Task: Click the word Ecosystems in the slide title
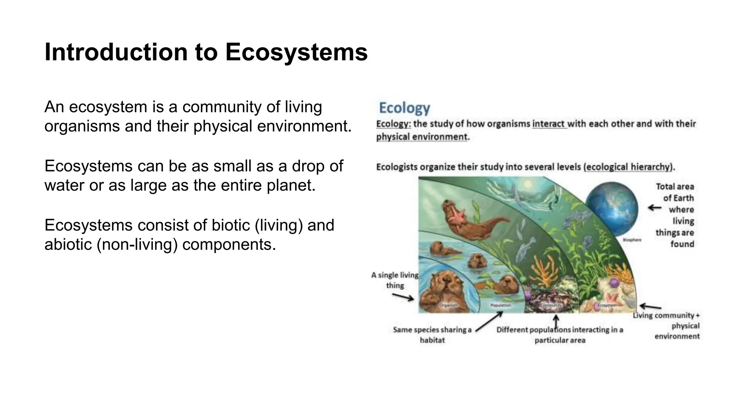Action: click(296, 52)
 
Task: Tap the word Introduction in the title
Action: click(116, 52)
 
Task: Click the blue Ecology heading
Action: click(404, 108)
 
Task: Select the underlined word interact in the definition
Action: click(548, 124)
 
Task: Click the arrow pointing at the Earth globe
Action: click(654, 208)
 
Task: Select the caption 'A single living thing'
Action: click(395, 280)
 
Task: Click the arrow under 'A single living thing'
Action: click(403, 297)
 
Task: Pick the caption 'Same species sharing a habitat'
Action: click(432, 335)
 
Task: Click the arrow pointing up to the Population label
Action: click(489, 321)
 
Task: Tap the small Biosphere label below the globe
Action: click(632, 240)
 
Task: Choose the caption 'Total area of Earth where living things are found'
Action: click(675, 215)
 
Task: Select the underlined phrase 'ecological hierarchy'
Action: click(628, 167)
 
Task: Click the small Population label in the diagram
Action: click(500, 305)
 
